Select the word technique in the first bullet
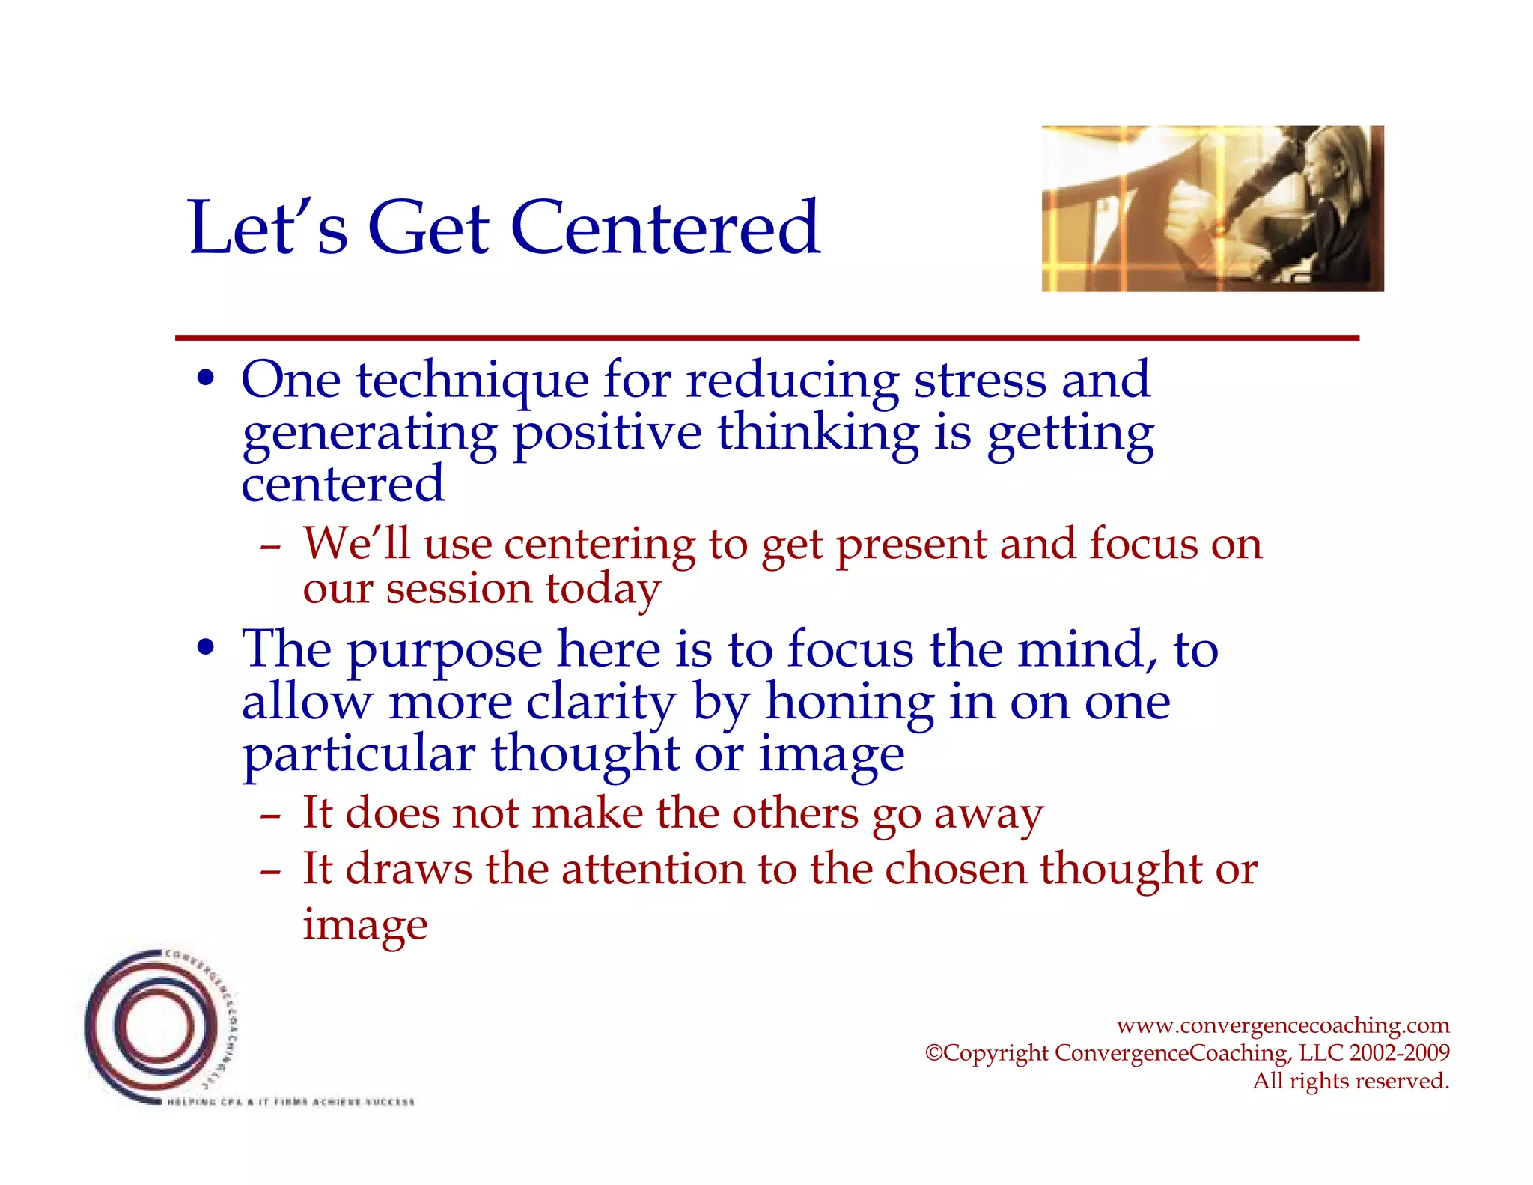click(472, 381)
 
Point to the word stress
click(979, 381)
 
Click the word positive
click(607, 434)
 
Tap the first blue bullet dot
click(207, 377)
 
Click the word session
click(458, 588)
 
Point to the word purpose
click(445, 650)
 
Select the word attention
click(653, 869)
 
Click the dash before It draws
click(270, 871)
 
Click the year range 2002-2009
click(1399, 1052)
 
